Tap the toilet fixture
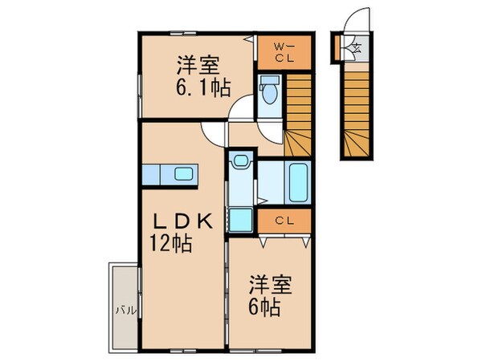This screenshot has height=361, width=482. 269,91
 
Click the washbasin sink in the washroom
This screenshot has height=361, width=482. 239,164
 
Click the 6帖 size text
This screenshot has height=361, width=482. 263,307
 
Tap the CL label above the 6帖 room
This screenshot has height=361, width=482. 283,220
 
